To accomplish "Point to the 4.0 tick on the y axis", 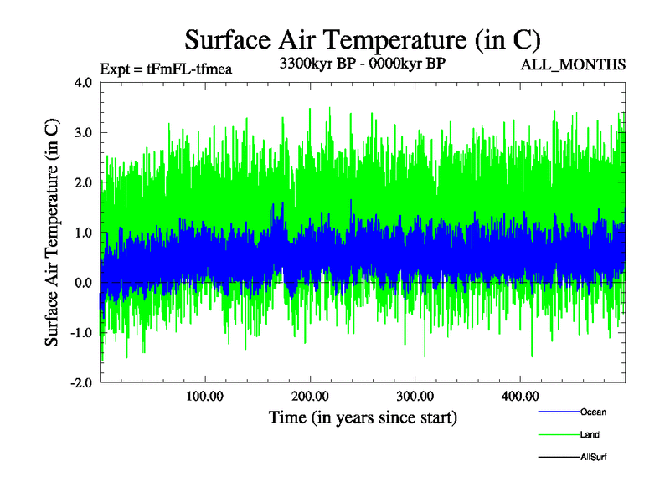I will click(83, 83).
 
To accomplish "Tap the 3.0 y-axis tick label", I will click(83, 133).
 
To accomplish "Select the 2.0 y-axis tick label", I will click(83, 183).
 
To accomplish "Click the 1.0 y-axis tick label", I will click(83, 233).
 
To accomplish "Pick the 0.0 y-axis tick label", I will click(83, 283).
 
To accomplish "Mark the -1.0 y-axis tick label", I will click(81, 333).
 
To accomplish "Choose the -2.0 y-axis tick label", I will click(81, 382).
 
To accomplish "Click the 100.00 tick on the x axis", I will click(204, 395).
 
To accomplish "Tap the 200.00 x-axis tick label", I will click(310, 395).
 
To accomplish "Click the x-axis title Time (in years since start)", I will click(363, 417).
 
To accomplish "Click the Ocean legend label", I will click(593, 412).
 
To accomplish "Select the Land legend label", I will click(590, 434).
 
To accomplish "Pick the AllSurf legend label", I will click(594, 457).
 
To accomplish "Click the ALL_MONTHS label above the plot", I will click(574, 64).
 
